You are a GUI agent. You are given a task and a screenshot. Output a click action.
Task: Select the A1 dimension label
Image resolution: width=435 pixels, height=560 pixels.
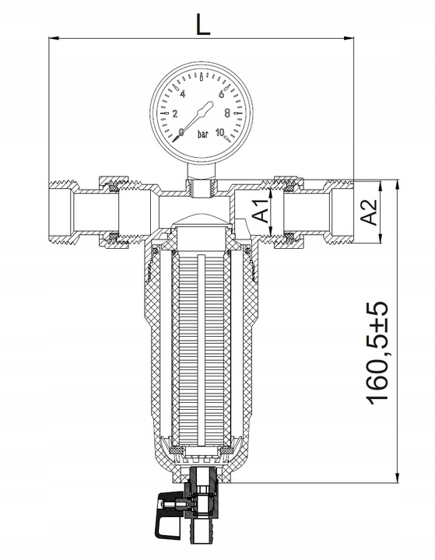click(x=262, y=210)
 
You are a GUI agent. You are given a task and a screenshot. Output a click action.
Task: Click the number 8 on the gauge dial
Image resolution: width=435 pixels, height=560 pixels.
click(x=227, y=114)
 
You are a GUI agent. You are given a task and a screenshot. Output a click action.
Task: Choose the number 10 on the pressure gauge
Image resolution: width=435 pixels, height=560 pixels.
click(x=220, y=132)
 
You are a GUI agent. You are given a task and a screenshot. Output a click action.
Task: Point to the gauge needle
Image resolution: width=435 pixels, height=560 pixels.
click(x=198, y=116)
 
